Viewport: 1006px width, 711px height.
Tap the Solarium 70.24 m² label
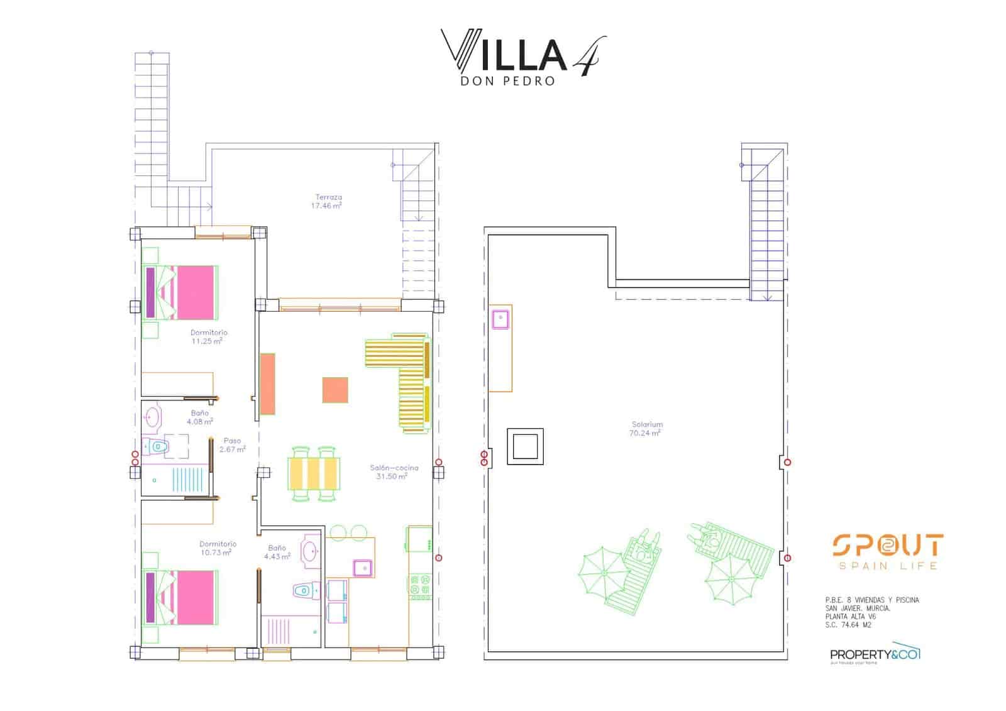point(647,429)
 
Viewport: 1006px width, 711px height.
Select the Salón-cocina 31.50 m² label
point(393,471)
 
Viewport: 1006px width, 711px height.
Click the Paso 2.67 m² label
point(232,445)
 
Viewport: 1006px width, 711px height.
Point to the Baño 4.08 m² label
point(199,417)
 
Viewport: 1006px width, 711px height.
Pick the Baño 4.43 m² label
point(277,552)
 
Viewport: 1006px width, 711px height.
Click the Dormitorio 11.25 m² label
point(208,337)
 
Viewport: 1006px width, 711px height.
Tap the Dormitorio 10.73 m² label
point(218,548)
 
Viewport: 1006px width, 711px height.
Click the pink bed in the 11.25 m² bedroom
point(182,292)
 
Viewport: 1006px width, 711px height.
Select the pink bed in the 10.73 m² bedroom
point(182,597)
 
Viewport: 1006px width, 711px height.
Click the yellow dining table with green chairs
point(314,473)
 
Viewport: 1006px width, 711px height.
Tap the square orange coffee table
point(335,390)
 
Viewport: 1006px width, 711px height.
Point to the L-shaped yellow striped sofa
point(402,377)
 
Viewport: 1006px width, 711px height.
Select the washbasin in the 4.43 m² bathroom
point(310,551)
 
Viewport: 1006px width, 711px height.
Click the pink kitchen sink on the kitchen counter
point(363,568)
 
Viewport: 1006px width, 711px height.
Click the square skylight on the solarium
point(525,446)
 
